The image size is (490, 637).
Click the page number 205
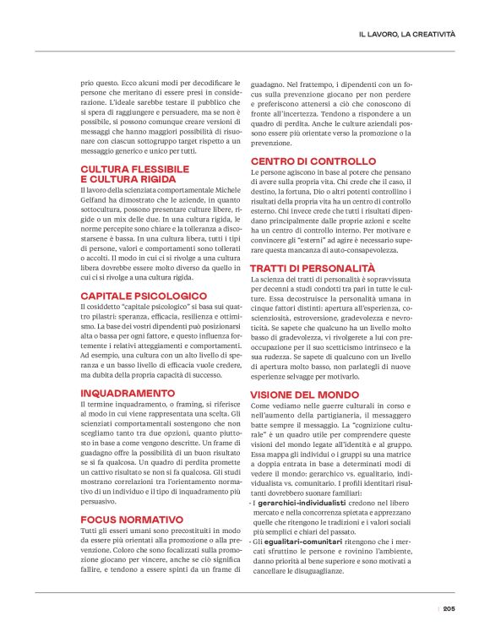coord(449,608)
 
